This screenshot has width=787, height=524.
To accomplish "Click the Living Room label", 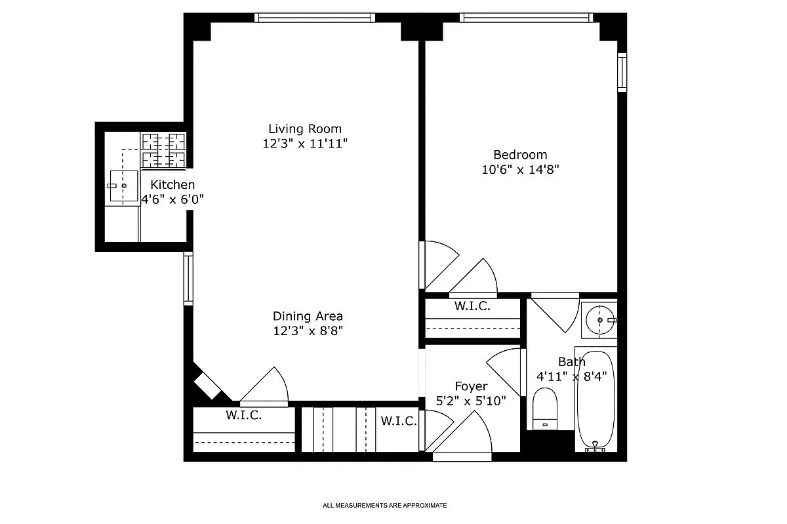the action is tap(305, 129).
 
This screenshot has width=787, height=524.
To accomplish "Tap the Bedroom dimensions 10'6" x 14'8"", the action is tap(520, 169).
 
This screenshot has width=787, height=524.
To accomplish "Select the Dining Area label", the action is tap(308, 316).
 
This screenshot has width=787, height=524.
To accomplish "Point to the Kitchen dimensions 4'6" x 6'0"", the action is tap(172, 199).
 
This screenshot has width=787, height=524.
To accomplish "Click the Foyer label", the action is tap(471, 386).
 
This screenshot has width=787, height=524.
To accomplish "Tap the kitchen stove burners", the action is tap(163, 150).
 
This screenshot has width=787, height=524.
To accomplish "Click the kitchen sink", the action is tap(123, 186).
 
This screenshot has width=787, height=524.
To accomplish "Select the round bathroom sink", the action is tap(599, 320).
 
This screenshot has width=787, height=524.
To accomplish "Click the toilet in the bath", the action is tap(545, 409).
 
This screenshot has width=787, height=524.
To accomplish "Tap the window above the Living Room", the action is tap(315, 18).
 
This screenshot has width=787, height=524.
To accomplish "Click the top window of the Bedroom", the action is tap(526, 18).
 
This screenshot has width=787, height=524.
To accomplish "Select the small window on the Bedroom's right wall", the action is tap(622, 72).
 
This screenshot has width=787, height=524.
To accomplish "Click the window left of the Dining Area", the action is tap(188, 278).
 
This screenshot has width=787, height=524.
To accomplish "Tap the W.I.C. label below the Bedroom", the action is tap(472, 306).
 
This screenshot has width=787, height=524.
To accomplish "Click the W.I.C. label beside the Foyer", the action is tap(399, 420).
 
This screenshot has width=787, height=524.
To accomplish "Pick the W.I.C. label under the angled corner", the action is tap(244, 415).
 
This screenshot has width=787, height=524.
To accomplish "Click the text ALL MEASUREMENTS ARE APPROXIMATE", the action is tap(385, 506).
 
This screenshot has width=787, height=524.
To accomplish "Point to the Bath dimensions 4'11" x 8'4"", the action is tap(572, 376).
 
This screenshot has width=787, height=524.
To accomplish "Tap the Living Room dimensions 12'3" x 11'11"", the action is tap(305, 144).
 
